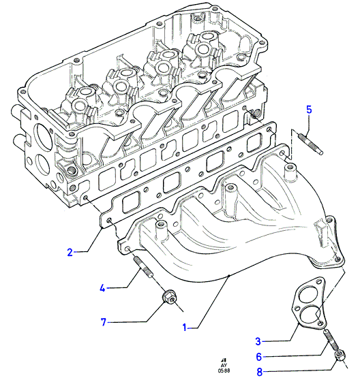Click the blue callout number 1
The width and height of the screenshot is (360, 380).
185,327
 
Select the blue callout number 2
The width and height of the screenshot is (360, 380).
70,253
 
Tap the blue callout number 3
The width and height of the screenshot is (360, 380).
258,341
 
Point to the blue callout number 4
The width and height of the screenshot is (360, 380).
103,288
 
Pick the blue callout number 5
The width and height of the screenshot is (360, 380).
309,110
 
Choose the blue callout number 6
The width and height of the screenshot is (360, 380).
259,357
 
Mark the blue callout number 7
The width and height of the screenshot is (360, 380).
104,322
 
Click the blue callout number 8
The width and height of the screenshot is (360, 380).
260,372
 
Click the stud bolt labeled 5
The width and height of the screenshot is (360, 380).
310,144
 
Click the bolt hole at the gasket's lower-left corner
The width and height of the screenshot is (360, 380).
109,221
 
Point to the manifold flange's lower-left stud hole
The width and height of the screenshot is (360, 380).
128,249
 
